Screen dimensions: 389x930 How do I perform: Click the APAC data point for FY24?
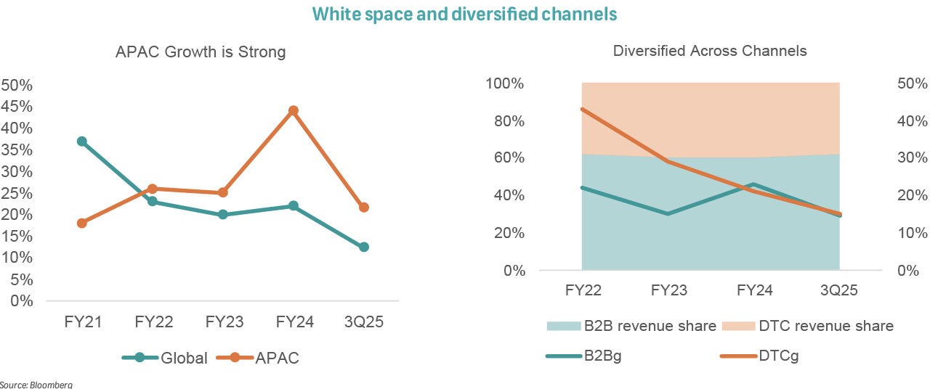294,111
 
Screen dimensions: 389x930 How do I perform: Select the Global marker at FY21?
82,142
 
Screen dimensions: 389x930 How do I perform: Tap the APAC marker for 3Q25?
364,208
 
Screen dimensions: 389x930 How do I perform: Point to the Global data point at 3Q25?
364,247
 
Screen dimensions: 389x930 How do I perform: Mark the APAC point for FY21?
82,223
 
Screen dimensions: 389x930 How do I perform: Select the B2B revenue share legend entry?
631,326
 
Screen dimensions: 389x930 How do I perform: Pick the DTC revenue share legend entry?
807,326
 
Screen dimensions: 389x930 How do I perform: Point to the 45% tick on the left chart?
17,107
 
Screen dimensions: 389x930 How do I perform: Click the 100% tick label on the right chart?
504,83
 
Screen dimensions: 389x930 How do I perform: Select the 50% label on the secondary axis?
913,83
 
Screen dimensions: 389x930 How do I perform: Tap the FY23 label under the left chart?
224,322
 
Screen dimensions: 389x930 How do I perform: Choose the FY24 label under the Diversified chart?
754,290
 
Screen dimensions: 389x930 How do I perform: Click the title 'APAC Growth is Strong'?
201,52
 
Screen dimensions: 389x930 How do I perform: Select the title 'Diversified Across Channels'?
710,51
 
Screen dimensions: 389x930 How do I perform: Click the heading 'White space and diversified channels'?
465,14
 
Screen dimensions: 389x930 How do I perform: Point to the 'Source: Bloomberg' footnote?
36,384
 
